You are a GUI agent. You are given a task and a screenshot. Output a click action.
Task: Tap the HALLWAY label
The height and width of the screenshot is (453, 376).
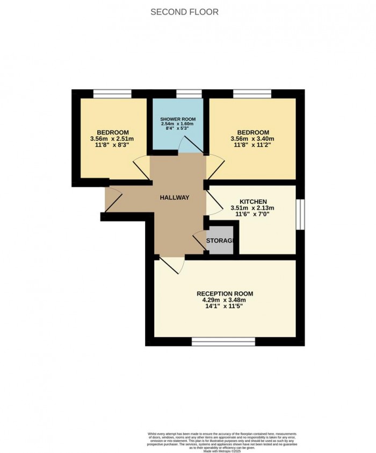[175, 198]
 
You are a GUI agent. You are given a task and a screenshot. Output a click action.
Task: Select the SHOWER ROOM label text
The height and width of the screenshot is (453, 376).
[177, 119]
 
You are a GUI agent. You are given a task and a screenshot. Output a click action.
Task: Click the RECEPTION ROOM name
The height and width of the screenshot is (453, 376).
[225, 293]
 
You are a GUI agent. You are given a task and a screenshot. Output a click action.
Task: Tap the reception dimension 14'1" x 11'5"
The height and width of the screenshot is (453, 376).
[225, 307]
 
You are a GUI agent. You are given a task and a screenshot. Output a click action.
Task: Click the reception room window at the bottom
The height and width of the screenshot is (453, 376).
[223, 342]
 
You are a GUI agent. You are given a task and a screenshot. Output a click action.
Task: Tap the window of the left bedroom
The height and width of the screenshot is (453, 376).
[112, 94]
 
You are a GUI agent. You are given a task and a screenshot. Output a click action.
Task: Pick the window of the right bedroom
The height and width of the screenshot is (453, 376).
[252, 94]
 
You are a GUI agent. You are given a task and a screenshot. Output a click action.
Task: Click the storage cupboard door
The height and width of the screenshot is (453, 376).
[200, 241]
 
